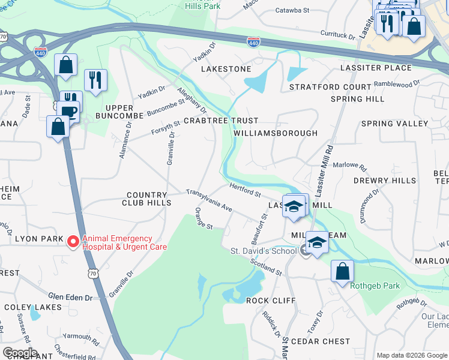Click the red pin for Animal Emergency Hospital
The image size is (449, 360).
[73, 242]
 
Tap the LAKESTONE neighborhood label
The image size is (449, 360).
[226, 69]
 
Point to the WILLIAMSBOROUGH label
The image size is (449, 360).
[275, 133]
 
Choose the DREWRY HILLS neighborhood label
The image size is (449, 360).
[384, 181]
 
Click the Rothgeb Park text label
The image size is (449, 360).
[375, 286]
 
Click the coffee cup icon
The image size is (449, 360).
[70, 112]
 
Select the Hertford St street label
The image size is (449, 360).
[244, 190]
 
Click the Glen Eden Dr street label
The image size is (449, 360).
[70, 297]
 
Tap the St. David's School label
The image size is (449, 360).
[263, 250]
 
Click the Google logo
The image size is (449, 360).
[20, 353]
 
